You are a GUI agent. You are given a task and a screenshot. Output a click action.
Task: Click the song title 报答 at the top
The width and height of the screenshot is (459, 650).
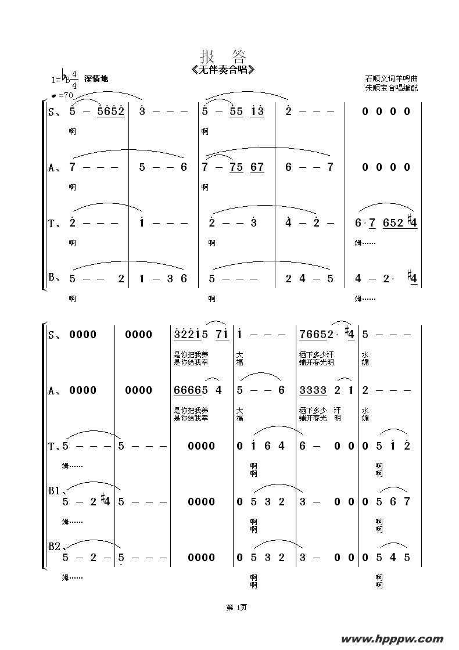(223, 56)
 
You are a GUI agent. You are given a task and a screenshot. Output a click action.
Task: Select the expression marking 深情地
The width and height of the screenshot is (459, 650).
(96, 79)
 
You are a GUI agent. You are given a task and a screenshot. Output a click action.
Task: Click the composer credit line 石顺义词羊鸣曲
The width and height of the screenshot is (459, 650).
(392, 78)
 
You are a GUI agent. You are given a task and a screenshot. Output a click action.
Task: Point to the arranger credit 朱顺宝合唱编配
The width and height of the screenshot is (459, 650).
(392, 88)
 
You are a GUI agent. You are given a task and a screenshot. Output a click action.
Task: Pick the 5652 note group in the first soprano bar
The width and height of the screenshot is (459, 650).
(111, 112)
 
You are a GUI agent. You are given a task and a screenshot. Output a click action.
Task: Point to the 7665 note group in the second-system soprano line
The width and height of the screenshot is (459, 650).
(314, 335)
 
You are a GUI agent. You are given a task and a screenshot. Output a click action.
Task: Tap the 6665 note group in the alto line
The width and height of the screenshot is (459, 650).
(188, 390)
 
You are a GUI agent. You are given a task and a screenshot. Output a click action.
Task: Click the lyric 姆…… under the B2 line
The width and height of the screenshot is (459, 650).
(72, 577)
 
